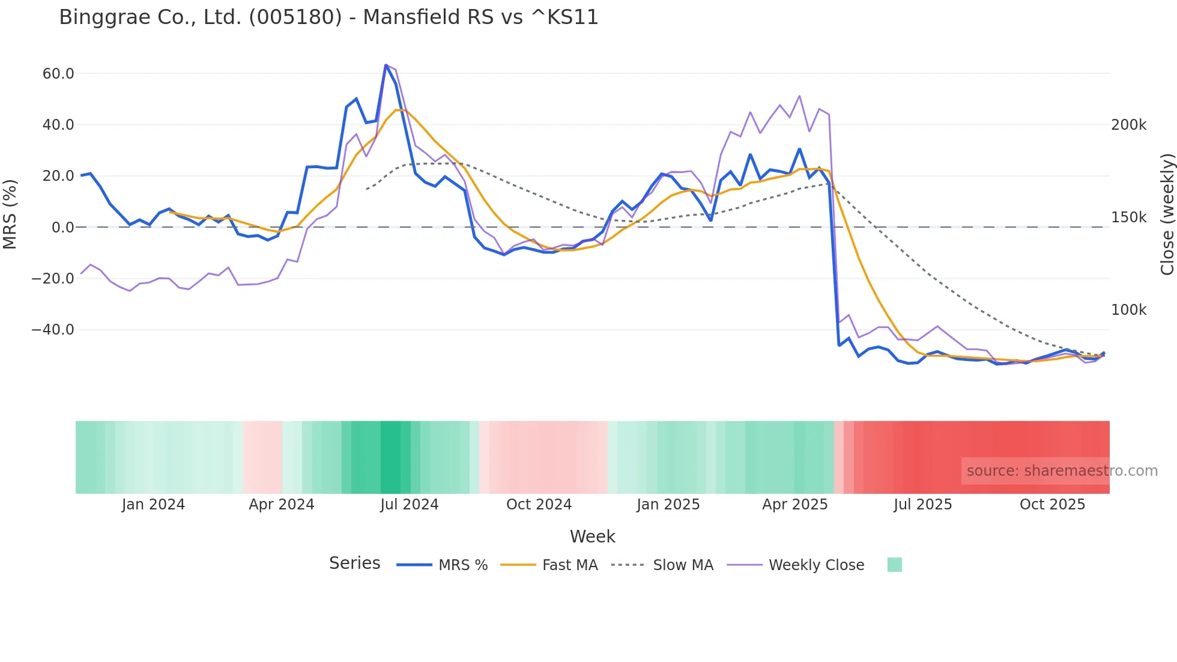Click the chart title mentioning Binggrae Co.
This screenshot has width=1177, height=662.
click(328, 17)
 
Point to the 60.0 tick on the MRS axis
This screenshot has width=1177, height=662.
click(58, 74)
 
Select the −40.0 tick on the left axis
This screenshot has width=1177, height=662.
click(53, 330)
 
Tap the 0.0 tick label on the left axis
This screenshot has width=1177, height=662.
click(63, 228)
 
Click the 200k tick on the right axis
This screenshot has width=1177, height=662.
click(1128, 125)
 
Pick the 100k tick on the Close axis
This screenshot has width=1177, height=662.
click(1128, 310)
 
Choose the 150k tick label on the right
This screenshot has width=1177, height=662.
click(1128, 217)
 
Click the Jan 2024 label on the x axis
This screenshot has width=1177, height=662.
click(153, 505)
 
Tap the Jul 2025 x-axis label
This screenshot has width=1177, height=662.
click(922, 505)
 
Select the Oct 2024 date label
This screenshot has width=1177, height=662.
click(539, 505)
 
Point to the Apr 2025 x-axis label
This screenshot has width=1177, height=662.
click(794, 505)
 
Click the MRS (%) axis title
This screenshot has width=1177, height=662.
click(10, 214)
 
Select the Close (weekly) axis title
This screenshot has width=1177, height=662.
click(1167, 214)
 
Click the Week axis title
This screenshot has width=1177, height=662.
click(592, 536)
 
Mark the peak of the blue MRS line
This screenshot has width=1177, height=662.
click(386, 65)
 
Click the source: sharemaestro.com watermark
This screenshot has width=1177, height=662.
click(1062, 471)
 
